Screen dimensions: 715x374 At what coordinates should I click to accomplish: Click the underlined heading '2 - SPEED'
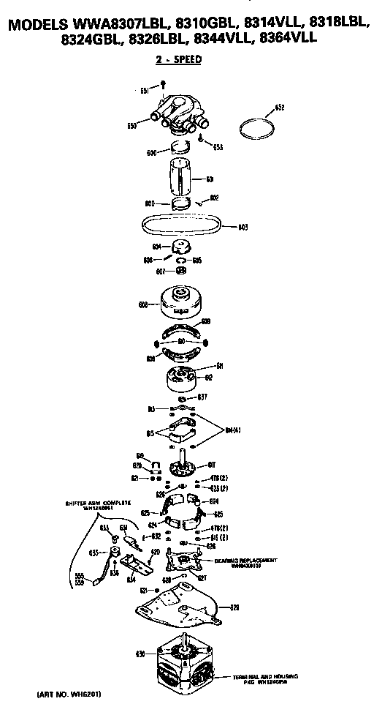click(178, 60)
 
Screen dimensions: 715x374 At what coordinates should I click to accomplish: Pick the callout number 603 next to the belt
click(243, 226)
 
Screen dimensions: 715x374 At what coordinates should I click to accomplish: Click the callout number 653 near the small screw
click(218, 146)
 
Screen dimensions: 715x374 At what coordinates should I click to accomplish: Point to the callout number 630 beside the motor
click(140, 653)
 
